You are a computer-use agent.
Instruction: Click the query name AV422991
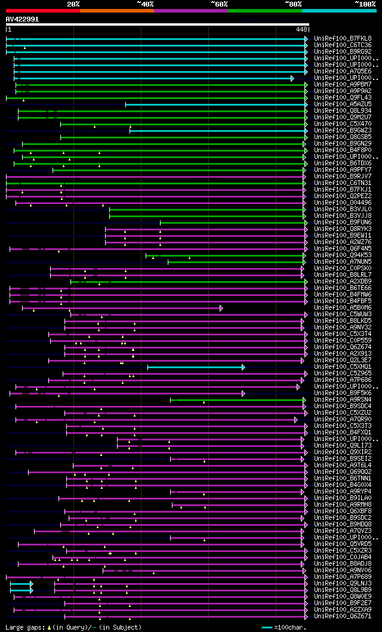tap(23, 19)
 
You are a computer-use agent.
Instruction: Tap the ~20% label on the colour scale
tap(73, 4)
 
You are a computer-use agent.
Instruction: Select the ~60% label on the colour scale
tap(219, 4)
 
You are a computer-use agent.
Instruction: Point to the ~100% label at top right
tap(365, 4)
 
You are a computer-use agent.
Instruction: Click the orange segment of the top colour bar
tap(116, 10)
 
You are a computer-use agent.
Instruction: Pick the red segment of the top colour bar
tap(42, 10)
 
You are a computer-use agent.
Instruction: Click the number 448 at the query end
tap(301, 29)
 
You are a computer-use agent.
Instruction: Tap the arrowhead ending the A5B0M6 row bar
tap(221, 308)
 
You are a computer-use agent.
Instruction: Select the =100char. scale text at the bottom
tap(289, 627)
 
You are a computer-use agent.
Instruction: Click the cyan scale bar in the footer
tap(267, 627)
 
